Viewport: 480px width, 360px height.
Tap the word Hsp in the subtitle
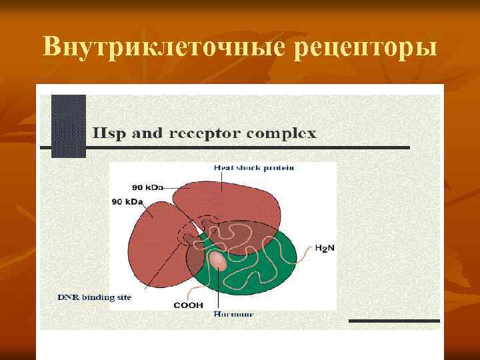point(105,133)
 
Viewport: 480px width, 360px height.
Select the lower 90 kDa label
point(127,201)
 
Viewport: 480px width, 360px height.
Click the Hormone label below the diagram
point(233,313)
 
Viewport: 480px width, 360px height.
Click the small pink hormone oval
point(218,261)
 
